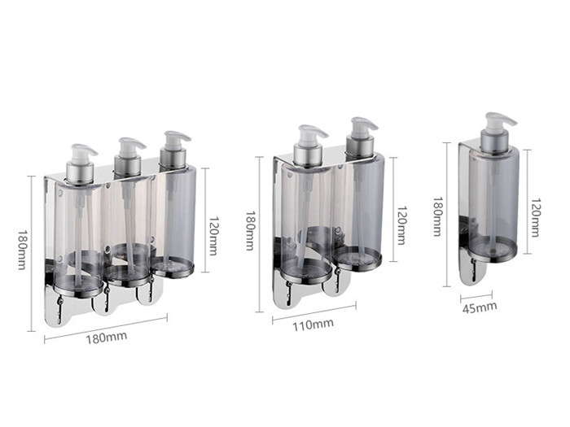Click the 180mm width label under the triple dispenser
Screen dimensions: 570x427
107,338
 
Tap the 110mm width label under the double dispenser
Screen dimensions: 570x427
313,325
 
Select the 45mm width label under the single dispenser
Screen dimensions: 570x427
480,307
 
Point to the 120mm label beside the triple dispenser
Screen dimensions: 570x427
213,236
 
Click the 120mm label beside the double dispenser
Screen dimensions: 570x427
401,225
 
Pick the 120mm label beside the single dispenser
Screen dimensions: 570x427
535,217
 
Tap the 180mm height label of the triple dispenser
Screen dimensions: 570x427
22,250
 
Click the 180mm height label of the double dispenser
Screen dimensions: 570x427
250,231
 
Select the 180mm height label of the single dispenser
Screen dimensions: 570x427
438,217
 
